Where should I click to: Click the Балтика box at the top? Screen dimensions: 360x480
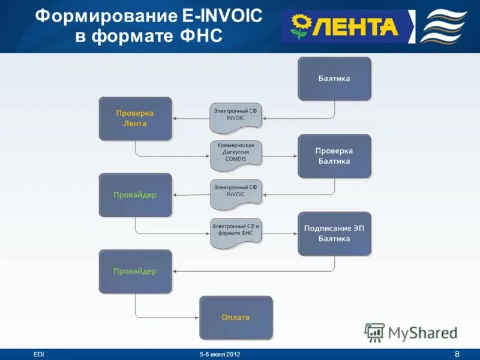pos(334,79)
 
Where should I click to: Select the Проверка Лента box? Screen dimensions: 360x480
pos(135,118)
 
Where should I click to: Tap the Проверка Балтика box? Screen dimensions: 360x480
pos(334,156)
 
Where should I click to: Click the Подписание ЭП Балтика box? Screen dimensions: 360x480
pos(334,233)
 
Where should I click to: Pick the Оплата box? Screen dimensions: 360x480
pos(235,317)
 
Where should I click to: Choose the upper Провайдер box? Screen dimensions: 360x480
pos(135,195)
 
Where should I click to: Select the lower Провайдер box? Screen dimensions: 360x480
pos(135,271)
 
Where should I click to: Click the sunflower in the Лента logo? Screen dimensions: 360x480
pos(299,26)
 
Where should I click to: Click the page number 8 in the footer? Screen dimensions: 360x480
pos(457,353)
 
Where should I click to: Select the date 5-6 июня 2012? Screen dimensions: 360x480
pos(220,355)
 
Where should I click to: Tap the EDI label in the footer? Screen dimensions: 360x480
pos(39,355)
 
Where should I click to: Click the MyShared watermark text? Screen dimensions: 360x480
pos(422,332)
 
